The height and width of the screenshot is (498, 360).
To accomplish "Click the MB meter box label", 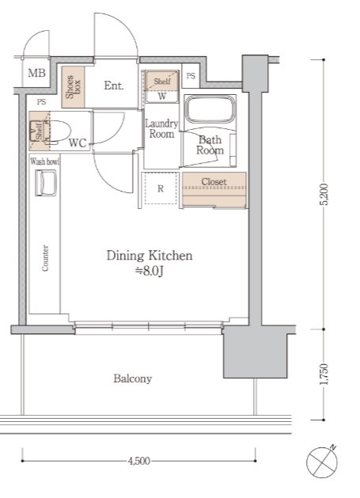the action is [x=37, y=74].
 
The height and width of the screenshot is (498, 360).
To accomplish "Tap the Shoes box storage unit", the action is [x=73, y=87].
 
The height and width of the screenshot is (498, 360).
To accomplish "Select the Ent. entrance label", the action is [x=114, y=86].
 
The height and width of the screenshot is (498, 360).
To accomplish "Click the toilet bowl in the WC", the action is [x=59, y=131].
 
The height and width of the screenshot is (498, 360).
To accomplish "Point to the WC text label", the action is [x=78, y=143].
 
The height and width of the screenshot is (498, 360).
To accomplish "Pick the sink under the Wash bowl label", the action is [x=46, y=182].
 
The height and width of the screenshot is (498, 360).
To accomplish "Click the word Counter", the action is [x=45, y=258].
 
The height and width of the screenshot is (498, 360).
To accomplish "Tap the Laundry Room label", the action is [x=161, y=128].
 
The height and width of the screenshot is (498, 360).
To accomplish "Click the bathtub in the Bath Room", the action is [x=210, y=109].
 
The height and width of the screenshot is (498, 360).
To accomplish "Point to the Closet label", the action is [x=214, y=182].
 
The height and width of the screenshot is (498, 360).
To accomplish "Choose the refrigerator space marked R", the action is [x=161, y=188].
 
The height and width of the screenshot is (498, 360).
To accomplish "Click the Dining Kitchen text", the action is [x=150, y=256].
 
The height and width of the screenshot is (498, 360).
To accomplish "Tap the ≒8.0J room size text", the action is [x=150, y=271].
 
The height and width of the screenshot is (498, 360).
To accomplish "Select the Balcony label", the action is [x=133, y=378].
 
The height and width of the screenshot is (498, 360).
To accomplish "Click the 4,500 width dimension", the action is [x=138, y=461].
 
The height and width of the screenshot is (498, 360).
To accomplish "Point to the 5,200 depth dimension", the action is [x=324, y=194].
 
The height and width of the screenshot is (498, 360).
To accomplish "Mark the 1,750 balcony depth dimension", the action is [x=324, y=374].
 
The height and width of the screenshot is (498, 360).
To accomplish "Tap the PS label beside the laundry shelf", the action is [x=191, y=76].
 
